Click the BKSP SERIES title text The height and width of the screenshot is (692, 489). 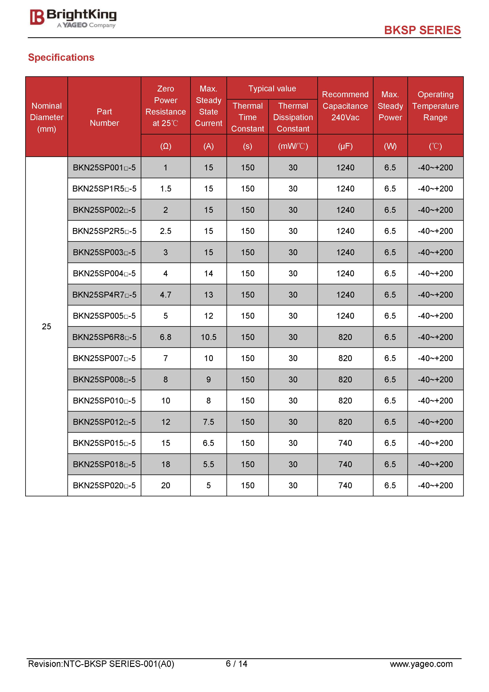pos(422,30)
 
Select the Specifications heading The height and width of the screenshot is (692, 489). pos(61,57)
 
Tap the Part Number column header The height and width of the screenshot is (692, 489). pos(104,117)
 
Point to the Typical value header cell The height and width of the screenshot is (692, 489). pos(272,88)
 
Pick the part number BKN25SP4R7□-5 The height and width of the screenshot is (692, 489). pos(104,295)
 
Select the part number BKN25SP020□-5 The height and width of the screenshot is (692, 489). pos(104,486)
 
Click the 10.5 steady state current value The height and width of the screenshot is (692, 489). pos(209,337)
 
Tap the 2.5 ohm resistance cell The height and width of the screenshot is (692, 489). pos(165,231)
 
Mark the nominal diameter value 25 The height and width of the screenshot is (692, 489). pos(46,326)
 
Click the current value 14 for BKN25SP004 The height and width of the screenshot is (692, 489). pos(209,274)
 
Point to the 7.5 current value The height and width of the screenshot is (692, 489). pos(209,422)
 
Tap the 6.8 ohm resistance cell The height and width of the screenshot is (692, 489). pos(165,337)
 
